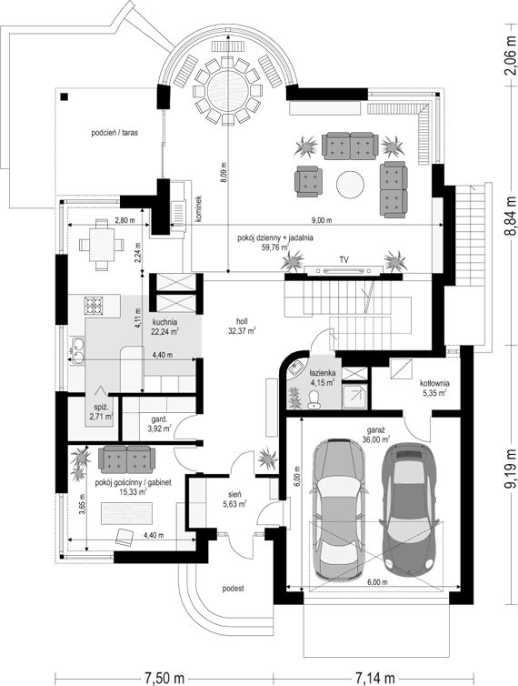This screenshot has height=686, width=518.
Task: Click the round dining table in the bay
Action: pos(228,91)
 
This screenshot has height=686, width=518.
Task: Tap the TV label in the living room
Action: pos(344,259)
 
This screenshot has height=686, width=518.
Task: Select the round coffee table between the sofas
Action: pos(351,184)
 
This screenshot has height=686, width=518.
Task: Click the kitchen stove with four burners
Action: pos(93,306)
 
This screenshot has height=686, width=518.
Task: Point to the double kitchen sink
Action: pos(78,350)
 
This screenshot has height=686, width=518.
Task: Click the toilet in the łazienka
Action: pos(313,398)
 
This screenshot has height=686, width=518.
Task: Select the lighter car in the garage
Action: pos(339,509)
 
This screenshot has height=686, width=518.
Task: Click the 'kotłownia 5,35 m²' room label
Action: pos(434,388)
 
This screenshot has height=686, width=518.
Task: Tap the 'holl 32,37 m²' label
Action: pos(242,327)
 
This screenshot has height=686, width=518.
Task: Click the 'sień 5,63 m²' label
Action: pos(234,499)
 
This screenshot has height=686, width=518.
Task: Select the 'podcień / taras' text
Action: pos(115,132)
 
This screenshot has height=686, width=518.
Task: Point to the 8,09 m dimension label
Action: pos(224,173)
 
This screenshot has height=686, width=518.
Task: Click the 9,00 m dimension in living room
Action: pos(323,220)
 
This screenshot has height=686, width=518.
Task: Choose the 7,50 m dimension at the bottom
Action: pos(164,678)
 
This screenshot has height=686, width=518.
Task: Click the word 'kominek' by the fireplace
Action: pos(199,209)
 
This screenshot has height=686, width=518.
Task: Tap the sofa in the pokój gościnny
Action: pos(126,459)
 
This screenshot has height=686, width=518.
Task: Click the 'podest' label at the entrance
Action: pos(233,589)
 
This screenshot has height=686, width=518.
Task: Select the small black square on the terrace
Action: pos(65,97)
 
